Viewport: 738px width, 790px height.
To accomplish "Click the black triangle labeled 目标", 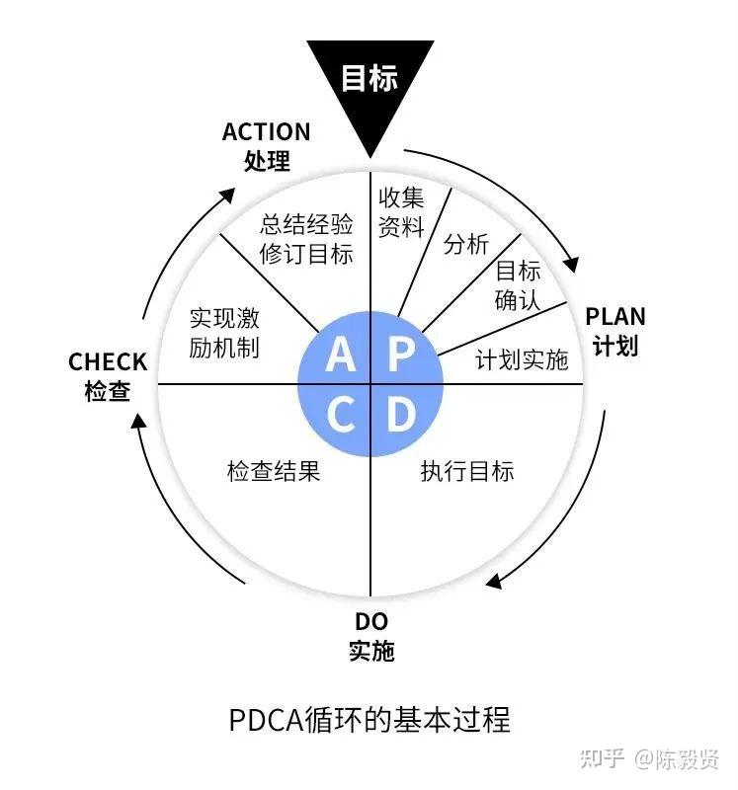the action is pyautogui.click(x=370, y=86).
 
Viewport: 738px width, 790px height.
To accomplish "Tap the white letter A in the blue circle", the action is pyautogui.click(x=340, y=355).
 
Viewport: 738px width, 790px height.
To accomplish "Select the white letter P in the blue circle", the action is pyautogui.click(x=402, y=355).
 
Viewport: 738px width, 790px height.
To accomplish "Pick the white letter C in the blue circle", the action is pyautogui.click(x=341, y=414).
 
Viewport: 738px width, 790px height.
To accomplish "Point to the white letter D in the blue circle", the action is pyautogui.click(x=402, y=414).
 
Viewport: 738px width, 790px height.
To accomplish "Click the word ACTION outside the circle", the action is pyautogui.click(x=266, y=132).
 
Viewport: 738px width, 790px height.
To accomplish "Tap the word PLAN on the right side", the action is pyautogui.click(x=615, y=317).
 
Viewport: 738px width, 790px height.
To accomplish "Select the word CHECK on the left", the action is pyautogui.click(x=108, y=361).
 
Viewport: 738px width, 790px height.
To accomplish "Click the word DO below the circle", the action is pyautogui.click(x=371, y=622).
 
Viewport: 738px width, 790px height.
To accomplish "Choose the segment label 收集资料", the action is pyautogui.click(x=401, y=212).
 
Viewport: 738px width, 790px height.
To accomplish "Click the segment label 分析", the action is pyautogui.click(x=466, y=244).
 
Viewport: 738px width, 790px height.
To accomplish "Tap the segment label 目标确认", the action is pyautogui.click(x=518, y=285).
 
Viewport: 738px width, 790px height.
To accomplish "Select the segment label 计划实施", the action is pyautogui.click(x=522, y=359).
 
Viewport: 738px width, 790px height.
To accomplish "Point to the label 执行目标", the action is pyautogui.click(x=467, y=472).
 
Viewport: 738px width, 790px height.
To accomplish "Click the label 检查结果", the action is pyautogui.click(x=274, y=472).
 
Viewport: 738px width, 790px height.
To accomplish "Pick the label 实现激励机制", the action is pyautogui.click(x=224, y=333).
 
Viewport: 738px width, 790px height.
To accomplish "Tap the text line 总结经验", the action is pyautogui.click(x=306, y=224).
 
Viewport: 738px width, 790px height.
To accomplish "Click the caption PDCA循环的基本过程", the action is pyautogui.click(x=369, y=720).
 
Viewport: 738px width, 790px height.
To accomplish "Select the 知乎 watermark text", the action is pyautogui.click(x=603, y=758).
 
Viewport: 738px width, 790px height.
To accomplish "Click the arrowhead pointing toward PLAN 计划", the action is pyautogui.click(x=571, y=265).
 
